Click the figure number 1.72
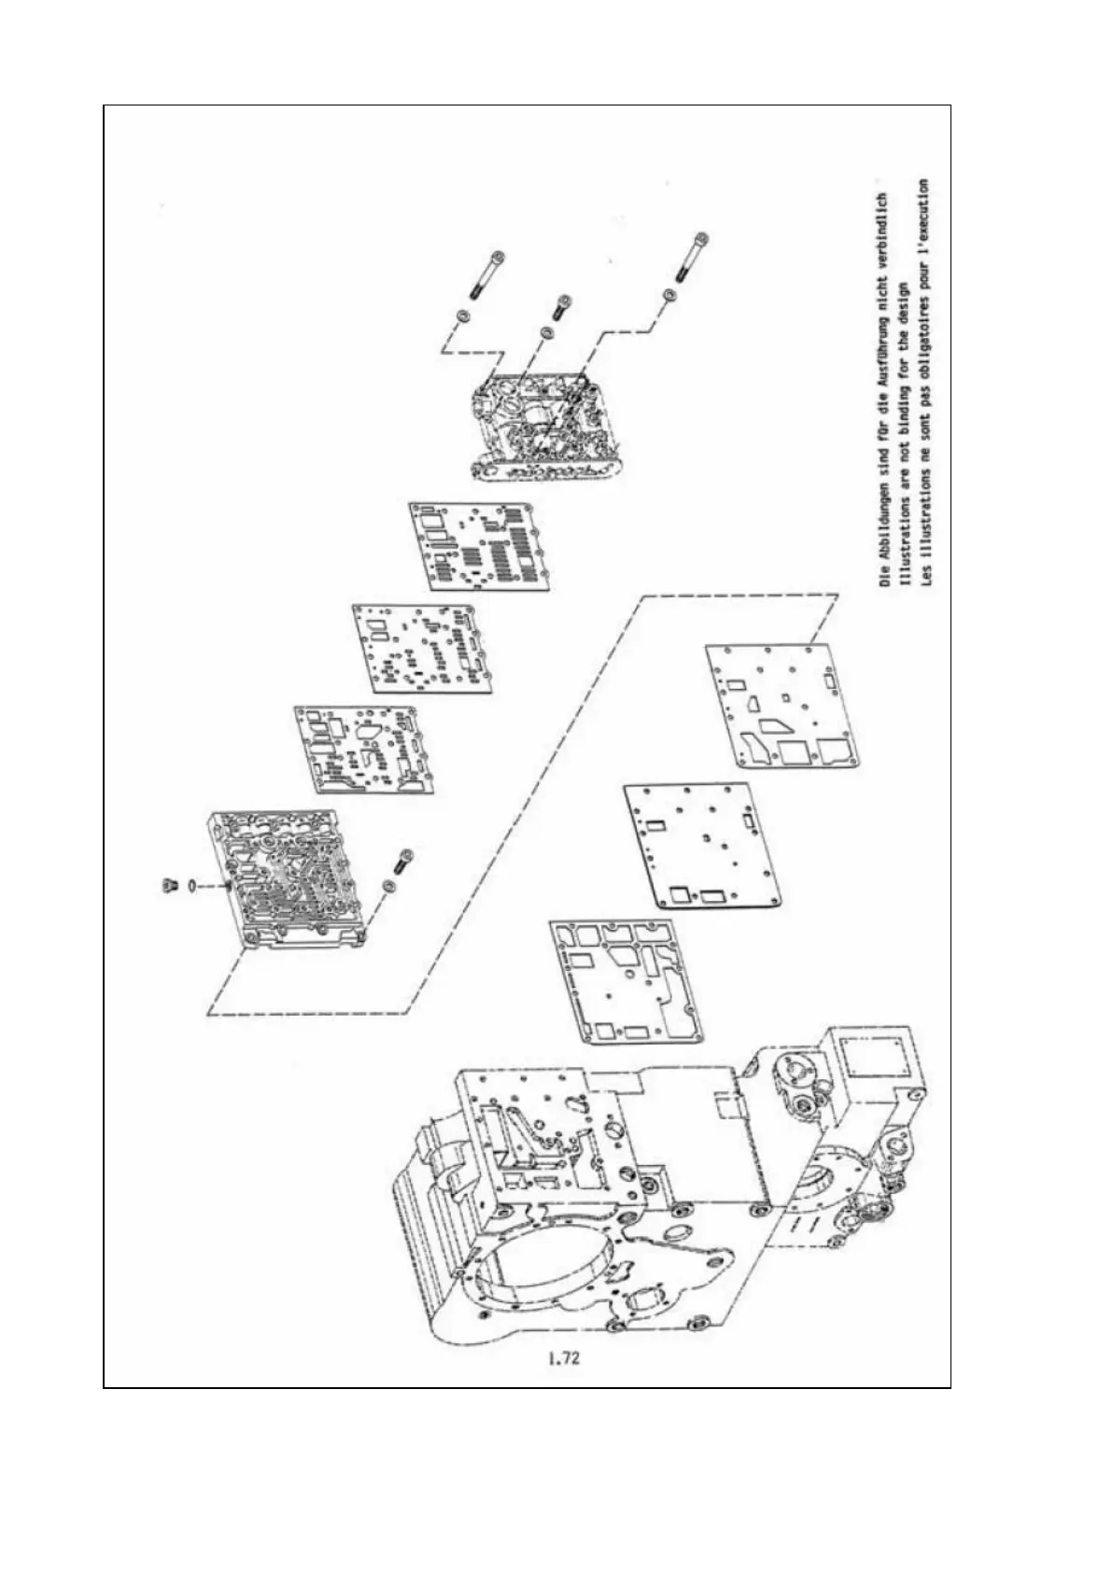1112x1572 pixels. (x=564, y=1358)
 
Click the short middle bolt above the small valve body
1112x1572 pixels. (x=562, y=305)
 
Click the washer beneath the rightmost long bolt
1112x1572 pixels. (x=669, y=296)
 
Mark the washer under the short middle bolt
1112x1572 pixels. (x=547, y=333)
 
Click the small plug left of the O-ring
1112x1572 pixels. (x=169, y=884)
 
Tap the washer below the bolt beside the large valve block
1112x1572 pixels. (x=389, y=885)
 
